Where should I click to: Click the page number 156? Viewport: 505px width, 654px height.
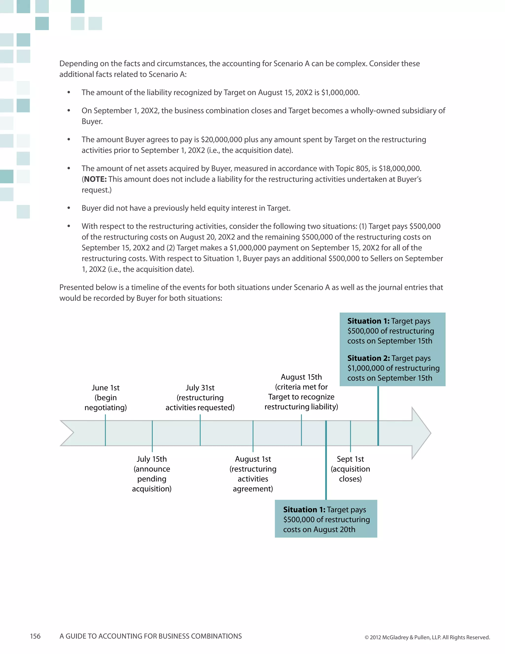[x=35, y=636]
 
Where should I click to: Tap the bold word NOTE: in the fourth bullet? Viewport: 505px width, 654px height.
[x=95, y=179]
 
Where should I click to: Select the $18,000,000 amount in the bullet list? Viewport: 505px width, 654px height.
[x=399, y=168]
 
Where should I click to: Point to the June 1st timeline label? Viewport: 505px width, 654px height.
[x=106, y=388]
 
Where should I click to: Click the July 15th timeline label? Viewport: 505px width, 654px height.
[x=152, y=459]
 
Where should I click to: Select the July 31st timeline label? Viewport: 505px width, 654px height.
[x=200, y=388]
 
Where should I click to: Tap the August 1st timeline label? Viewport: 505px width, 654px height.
[x=253, y=459]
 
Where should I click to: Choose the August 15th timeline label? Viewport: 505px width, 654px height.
[x=301, y=377]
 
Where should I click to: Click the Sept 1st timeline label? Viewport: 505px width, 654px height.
[x=350, y=459]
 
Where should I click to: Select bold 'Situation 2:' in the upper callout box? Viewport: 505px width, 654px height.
[x=369, y=358]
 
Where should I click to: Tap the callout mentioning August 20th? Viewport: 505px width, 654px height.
[x=326, y=519]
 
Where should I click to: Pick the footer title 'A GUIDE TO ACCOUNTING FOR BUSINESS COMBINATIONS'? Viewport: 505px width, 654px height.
[x=150, y=636]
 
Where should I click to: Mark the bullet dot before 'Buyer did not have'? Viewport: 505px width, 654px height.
[x=69, y=208]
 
